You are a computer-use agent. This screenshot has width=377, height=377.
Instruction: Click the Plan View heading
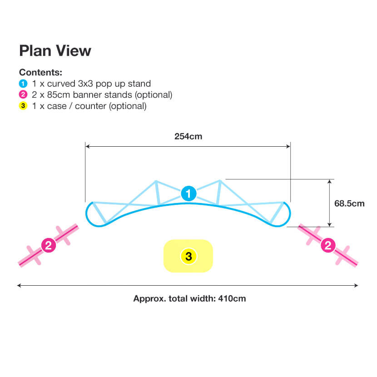[55, 51]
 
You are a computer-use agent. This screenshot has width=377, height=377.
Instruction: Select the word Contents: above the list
[40, 72]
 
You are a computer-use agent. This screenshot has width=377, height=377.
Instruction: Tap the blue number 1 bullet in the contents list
[23, 84]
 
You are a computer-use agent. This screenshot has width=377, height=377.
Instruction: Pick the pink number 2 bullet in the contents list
[23, 94]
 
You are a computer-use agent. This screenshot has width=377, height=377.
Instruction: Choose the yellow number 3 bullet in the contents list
[23, 106]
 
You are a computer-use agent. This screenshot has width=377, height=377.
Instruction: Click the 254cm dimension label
[188, 136]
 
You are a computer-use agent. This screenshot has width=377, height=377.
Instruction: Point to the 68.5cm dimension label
[349, 203]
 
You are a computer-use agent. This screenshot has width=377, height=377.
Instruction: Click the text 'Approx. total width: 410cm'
[189, 298]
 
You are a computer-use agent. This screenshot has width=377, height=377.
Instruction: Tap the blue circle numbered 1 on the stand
[189, 193]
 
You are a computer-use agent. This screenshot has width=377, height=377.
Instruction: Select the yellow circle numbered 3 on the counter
[189, 257]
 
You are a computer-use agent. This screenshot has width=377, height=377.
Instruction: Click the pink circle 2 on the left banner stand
[49, 245]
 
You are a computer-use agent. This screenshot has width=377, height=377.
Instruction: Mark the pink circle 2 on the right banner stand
[328, 245]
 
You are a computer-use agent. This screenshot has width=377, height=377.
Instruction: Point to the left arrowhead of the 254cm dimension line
[88, 146]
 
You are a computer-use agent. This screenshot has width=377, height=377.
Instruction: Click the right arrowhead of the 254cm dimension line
[288, 146]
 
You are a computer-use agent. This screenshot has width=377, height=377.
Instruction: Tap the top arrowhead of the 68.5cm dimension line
[329, 182]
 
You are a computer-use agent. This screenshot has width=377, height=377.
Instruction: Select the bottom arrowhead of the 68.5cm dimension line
[329, 224]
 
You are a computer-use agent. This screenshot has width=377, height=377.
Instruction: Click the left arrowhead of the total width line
[19, 285]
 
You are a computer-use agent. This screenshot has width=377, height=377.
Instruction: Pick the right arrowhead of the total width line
[356, 285]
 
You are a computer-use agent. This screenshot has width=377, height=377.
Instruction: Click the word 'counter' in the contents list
[91, 106]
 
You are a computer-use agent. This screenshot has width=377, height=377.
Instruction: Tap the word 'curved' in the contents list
[61, 84]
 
